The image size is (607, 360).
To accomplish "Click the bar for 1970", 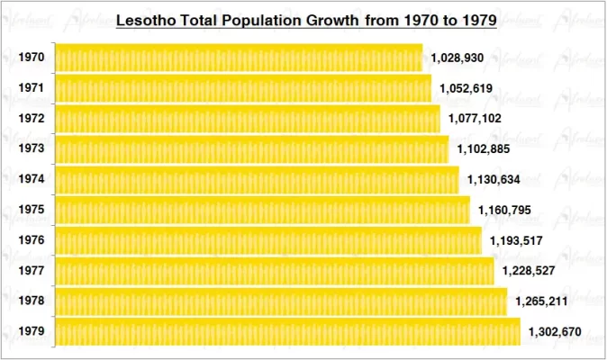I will (239, 58).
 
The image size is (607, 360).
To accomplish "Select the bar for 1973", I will (252, 148).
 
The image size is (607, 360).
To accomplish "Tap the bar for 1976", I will (268, 240).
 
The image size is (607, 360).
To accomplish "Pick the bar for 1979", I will (288, 331).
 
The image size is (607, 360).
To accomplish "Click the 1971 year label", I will (31, 88).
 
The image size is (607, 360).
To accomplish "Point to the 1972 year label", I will (31, 119).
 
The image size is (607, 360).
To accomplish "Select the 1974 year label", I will (31, 179).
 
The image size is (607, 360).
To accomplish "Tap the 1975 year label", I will (31, 210).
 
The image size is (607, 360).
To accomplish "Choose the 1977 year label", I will (31, 271).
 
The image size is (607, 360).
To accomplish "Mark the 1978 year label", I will (31, 301).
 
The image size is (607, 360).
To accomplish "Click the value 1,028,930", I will (458, 58).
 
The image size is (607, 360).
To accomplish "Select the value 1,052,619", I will (467, 88).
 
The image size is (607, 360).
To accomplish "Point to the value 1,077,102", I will (476, 119).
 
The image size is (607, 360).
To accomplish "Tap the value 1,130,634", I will (494, 179).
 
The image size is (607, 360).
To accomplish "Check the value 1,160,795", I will (505, 210).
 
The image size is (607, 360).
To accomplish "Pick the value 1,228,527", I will (529, 271).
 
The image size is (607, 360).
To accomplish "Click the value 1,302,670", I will (555, 332).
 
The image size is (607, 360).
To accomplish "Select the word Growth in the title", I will (329, 19).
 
